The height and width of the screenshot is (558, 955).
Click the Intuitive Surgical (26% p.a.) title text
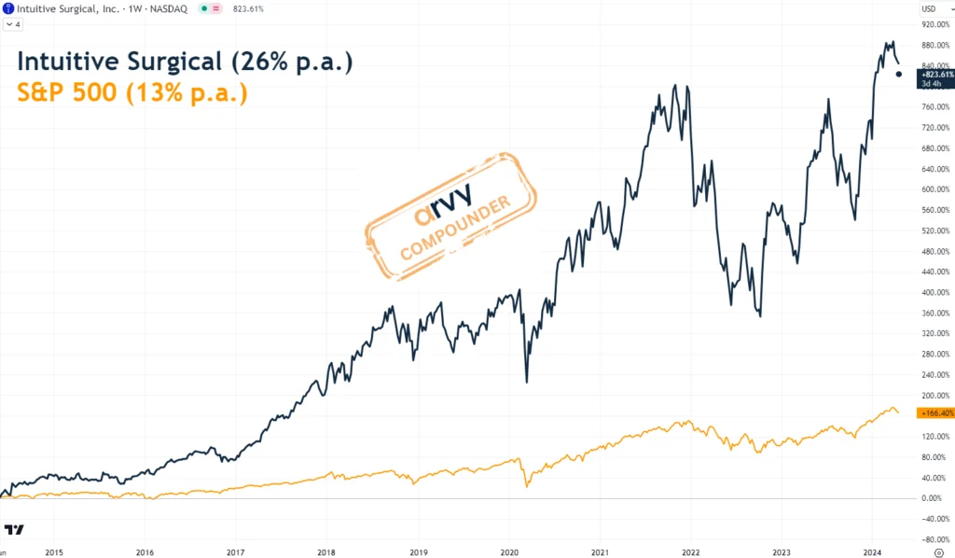(x=185, y=63)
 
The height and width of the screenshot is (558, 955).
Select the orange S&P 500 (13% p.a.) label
(x=132, y=93)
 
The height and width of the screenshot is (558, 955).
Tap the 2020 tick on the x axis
(x=509, y=552)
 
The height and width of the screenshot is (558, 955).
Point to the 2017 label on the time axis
(x=236, y=552)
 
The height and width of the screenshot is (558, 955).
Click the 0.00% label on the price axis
(x=935, y=498)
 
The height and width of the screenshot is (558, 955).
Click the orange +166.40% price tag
(x=935, y=412)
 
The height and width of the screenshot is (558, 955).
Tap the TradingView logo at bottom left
(x=13, y=530)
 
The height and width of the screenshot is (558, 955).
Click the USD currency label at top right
(x=929, y=8)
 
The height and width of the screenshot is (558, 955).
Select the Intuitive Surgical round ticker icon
(x=8, y=8)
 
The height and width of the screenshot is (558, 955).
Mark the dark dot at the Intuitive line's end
(x=899, y=75)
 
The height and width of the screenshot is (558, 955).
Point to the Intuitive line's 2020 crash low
(x=527, y=381)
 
